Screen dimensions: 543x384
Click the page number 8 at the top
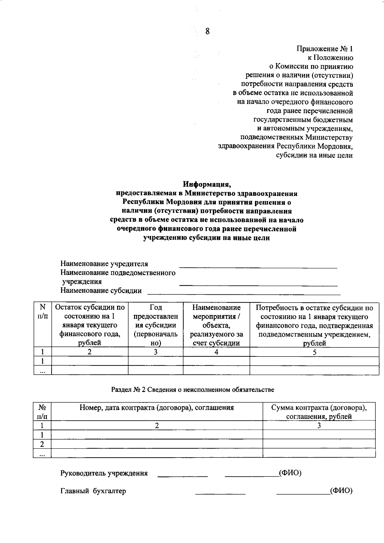[207, 31]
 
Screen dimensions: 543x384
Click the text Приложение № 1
[325, 49]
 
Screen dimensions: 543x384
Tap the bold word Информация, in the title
[207, 184]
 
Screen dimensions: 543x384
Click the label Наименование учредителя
[104, 264]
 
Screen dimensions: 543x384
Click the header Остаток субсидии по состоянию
[90, 325]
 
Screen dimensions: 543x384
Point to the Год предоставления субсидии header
[156, 325]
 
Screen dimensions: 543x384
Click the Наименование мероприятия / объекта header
[216, 325]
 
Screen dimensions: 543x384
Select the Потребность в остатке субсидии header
[314, 325]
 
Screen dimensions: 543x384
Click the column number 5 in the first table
[315, 352]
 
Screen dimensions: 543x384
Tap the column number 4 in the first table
[216, 352]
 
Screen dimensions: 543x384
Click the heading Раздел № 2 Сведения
[192, 389]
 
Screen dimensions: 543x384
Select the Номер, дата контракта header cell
[157, 408]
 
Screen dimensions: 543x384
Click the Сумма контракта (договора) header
[319, 412]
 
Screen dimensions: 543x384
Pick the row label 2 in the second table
[42, 444]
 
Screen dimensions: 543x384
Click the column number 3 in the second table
[319, 426]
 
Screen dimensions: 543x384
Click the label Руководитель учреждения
[104, 473]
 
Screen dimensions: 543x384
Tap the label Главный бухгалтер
[93, 491]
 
